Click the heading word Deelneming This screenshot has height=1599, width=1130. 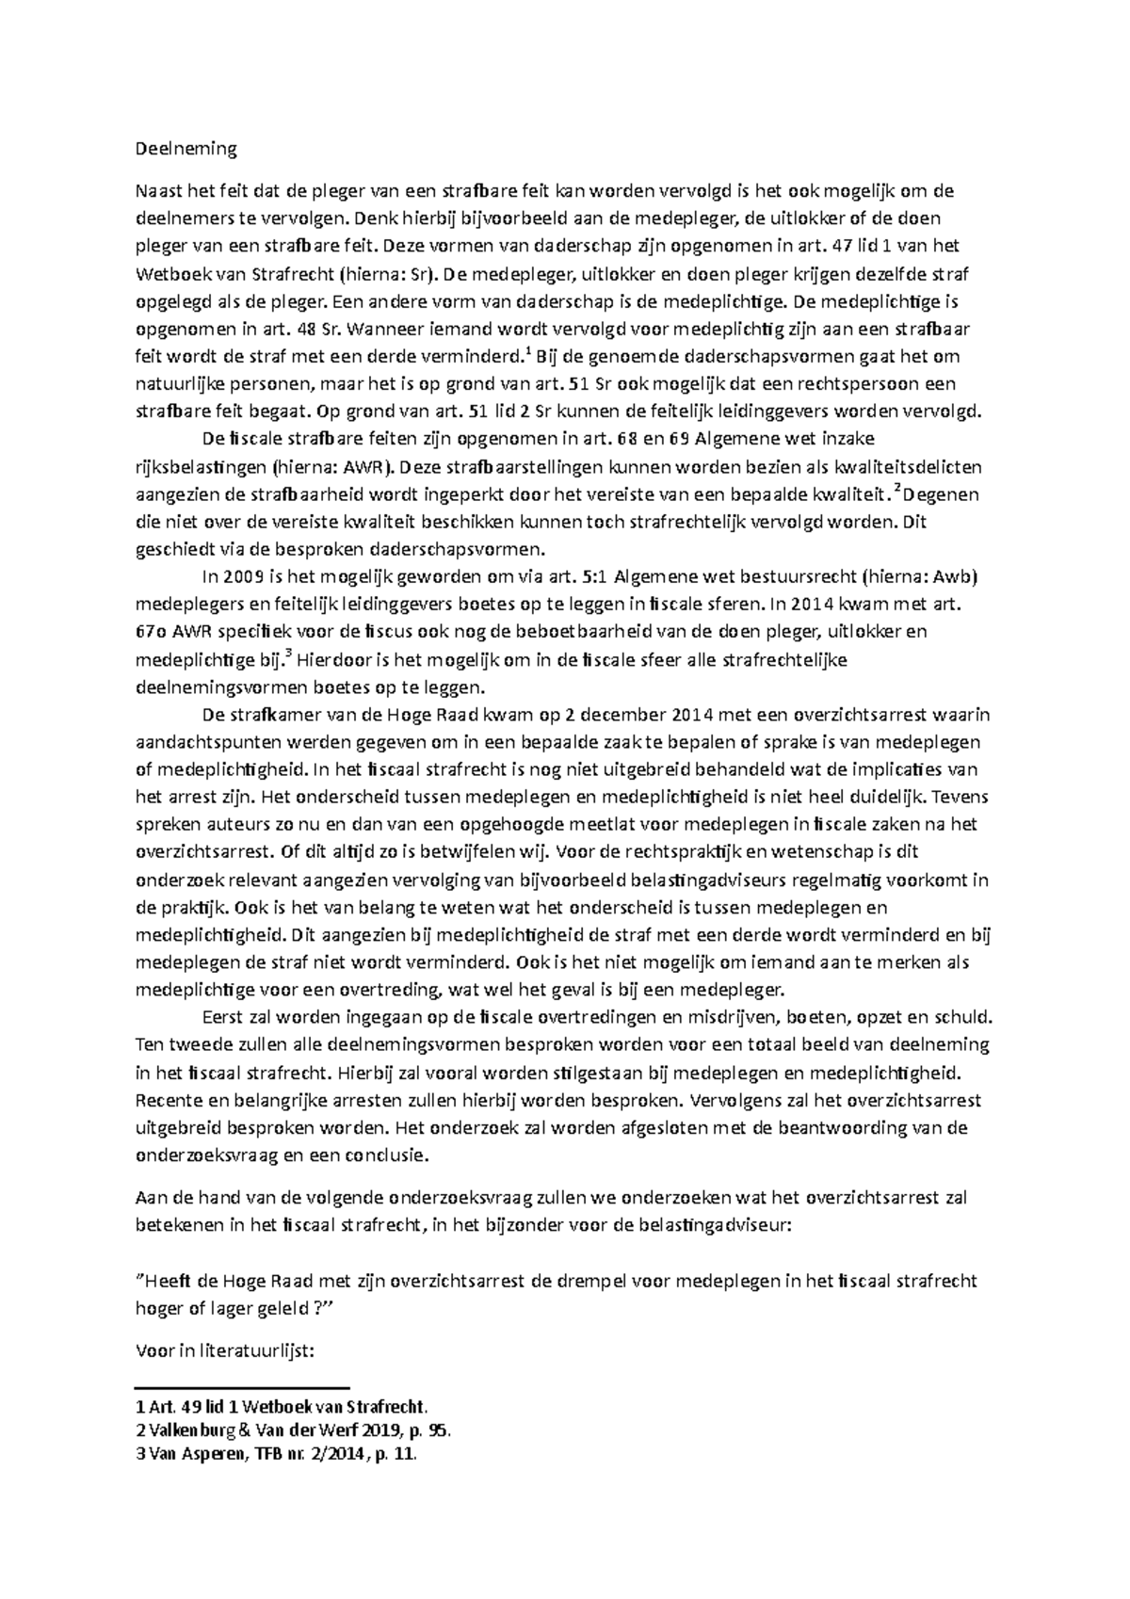click(186, 149)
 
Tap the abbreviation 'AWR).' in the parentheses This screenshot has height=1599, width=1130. click(373, 466)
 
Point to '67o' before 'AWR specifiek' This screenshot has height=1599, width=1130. click(153, 632)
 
